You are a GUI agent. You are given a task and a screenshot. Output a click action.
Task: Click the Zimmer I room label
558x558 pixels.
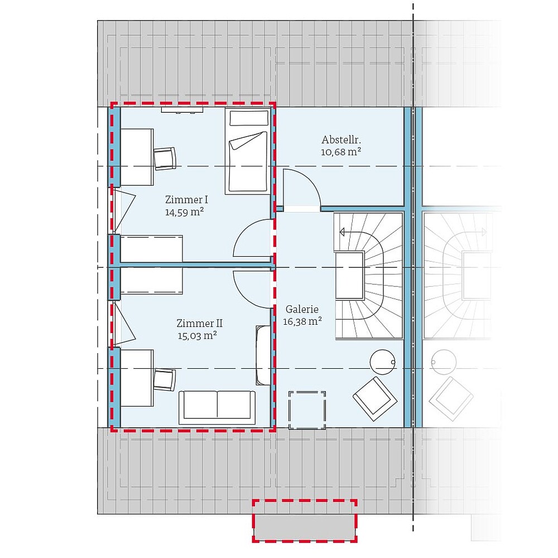pyautogui.click(x=186, y=200)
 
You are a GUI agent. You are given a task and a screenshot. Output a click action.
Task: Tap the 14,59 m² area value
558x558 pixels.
pyautogui.click(x=184, y=212)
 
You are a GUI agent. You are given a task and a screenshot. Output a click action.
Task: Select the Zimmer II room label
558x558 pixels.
pyautogui.click(x=200, y=324)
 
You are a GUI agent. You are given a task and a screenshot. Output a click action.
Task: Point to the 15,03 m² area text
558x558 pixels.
pyautogui.click(x=198, y=335)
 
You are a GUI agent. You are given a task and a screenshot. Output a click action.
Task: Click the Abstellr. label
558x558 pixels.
pyautogui.click(x=341, y=139)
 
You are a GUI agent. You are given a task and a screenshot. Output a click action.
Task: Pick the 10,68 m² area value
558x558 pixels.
pyautogui.click(x=341, y=152)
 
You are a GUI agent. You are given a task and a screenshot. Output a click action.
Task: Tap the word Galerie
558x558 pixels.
pyautogui.click(x=302, y=309)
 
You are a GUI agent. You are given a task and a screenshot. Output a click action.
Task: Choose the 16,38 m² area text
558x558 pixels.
pyautogui.click(x=302, y=321)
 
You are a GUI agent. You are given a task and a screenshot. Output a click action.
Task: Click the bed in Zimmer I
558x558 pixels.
pyautogui.click(x=248, y=151)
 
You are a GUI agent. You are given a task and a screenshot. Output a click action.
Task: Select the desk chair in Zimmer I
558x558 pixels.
pyautogui.click(x=165, y=158)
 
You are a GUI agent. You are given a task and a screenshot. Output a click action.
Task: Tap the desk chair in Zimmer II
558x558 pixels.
pyautogui.click(x=165, y=379)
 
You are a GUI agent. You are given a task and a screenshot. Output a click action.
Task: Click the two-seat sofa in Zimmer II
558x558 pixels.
pyautogui.click(x=217, y=407)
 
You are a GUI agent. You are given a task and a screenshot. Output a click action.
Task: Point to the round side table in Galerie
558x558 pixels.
pyautogui.click(x=383, y=362)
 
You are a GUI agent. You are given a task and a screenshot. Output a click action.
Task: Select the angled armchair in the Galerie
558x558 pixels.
pyautogui.click(x=375, y=400)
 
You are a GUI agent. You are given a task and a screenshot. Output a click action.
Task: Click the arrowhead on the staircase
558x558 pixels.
pyautogui.click(x=342, y=232)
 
